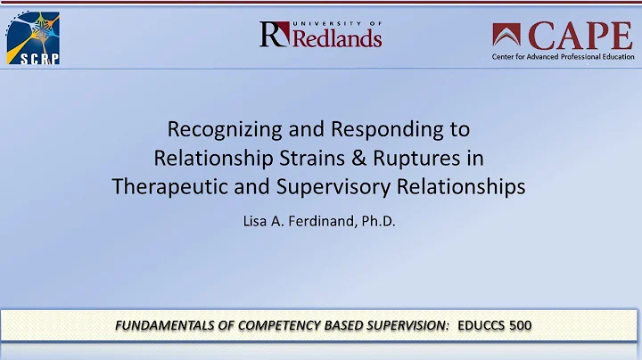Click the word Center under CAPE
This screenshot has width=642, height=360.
509,58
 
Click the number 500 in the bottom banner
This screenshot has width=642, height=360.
519,326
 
